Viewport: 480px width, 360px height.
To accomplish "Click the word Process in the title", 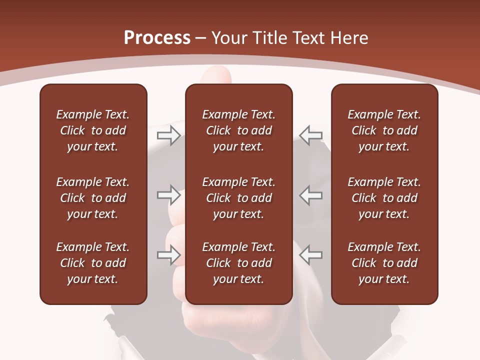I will pos(157,38).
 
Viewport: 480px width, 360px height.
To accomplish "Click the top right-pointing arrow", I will pos(168,135).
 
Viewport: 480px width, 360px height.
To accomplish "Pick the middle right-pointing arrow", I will pos(168,195).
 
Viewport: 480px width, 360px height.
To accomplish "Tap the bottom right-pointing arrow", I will pos(168,255).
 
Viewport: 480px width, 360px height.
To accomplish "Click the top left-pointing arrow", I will pos(311,135).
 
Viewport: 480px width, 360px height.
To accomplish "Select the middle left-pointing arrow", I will pos(311,195).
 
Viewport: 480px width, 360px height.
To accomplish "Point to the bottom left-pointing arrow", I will pos(311,255).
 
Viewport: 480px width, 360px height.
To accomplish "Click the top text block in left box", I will pos(93,130).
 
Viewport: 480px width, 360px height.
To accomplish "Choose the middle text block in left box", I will pos(93,198).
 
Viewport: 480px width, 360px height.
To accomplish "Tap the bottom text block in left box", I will pos(93,263).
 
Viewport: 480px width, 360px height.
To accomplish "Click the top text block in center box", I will pos(238,130).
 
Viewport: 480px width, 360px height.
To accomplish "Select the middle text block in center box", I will pos(238,198).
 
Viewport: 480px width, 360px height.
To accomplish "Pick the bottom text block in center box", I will pos(238,263).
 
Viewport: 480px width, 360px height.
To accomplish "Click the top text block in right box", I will pos(384,130).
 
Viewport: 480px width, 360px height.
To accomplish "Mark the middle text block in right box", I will pos(384,198).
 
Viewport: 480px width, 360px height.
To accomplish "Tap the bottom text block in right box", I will pos(384,263).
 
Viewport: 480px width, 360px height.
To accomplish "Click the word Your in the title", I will pos(230,38).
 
